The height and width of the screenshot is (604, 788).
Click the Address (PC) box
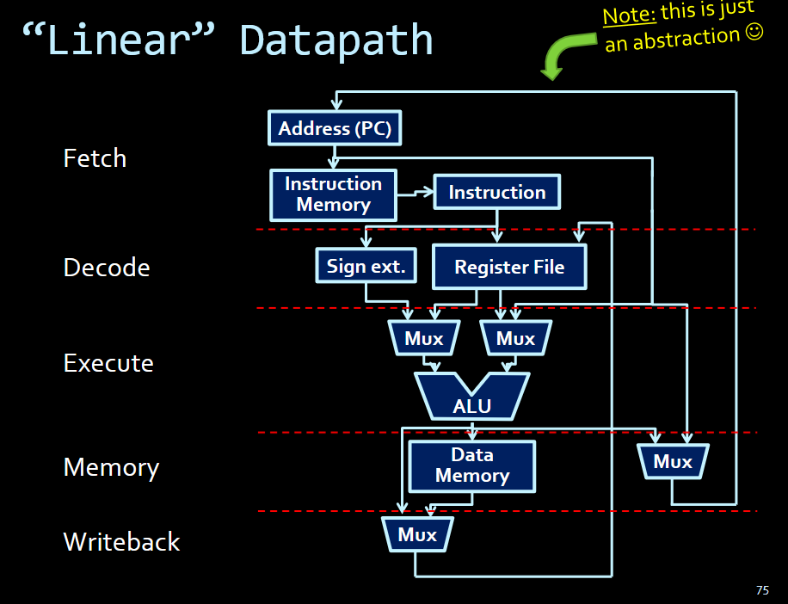(335, 129)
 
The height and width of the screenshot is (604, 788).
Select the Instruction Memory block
(333, 194)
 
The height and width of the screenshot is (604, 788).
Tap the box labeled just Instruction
(497, 193)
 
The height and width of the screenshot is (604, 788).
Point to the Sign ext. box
(366, 266)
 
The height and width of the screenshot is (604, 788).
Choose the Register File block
(509, 267)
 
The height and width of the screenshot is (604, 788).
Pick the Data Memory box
(471, 465)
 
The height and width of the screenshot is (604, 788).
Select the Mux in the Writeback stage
(417, 535)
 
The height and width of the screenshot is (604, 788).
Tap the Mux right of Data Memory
(673, 462)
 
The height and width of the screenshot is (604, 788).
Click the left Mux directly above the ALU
(423, 339)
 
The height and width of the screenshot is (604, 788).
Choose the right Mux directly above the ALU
(515, 339)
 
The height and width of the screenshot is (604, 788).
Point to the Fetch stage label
(95, 158)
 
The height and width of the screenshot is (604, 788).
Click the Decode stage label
(107, 268)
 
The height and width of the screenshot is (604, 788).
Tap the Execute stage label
(108, 363)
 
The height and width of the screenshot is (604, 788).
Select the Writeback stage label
(121, 542)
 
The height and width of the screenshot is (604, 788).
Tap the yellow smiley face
(754, 33)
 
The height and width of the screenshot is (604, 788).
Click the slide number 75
(762, 590)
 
